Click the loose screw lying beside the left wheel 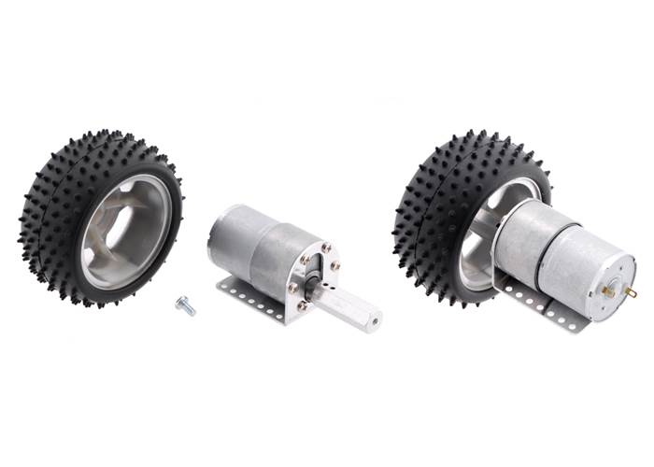pyautogui.click(x=185, y=305)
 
